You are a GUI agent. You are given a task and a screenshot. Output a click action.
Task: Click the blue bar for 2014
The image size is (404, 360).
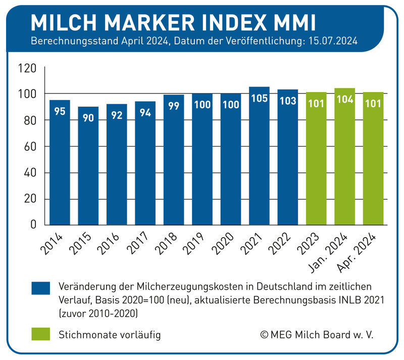(60, 162)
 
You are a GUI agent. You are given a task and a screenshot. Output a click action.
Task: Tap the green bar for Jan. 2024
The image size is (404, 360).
(344, 157)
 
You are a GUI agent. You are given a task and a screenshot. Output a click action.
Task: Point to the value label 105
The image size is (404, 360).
(259, 98)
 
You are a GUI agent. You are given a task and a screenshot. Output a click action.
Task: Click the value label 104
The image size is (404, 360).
(344, 100)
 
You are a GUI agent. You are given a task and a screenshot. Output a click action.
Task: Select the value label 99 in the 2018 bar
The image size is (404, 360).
(174, 106)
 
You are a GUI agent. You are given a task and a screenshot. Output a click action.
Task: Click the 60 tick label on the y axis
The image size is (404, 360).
(29, 147)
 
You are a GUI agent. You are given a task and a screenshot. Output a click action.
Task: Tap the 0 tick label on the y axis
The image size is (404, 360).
(32, 225)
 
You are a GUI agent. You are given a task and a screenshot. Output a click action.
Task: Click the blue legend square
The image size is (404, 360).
(40, 287)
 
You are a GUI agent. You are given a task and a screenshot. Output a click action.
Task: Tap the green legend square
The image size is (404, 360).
(40, 334)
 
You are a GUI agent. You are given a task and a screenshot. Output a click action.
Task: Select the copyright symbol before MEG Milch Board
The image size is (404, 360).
(264, 335)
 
